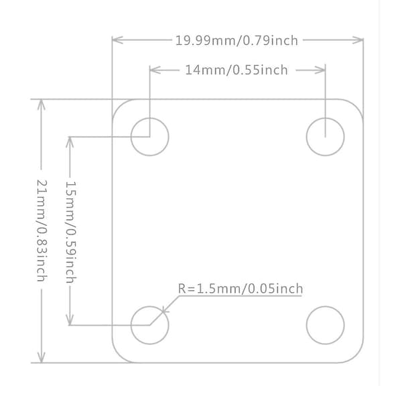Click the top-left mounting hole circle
[x=131, y=137]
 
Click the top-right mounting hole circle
[x=306, y=137]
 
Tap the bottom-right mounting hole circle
[x=306, y=325]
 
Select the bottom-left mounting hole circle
[x=131, y=325]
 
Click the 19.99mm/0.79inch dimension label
[x=237, y=40]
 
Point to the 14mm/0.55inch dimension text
[x=237, y=70]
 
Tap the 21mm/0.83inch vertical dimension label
[x=42, y=230]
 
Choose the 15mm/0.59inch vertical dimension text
[x=71, y=232]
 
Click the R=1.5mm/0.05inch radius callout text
[x=241, y=289]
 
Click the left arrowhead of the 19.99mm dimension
[x=117, y=40]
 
